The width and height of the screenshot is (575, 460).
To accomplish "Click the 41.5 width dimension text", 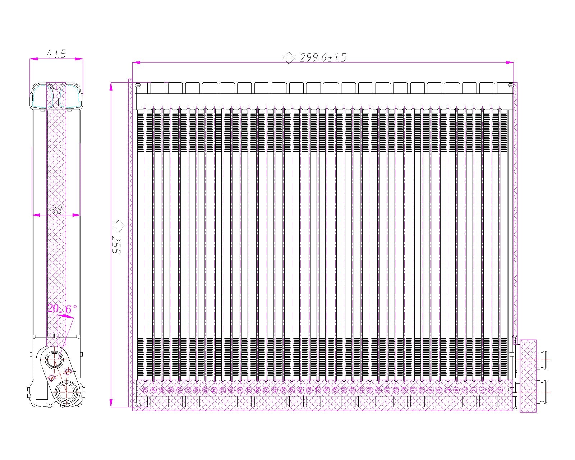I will (x=56, y=54).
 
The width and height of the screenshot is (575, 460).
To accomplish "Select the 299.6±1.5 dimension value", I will (x=323, y=57).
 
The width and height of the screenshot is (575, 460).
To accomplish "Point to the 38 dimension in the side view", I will (x=56, y=210).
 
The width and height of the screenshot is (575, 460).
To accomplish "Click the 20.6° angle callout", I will (x=62, y=309).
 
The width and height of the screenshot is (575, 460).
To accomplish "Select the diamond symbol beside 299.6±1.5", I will (x=289, y=58).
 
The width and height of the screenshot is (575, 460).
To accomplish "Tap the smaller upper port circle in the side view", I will (x=55, y=359).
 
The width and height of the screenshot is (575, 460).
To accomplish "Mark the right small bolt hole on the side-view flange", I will (x=68, y=372).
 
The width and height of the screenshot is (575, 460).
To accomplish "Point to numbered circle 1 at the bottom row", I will (x=500, y=390).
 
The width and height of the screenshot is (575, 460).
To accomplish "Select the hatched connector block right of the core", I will (x=528, y=376).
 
